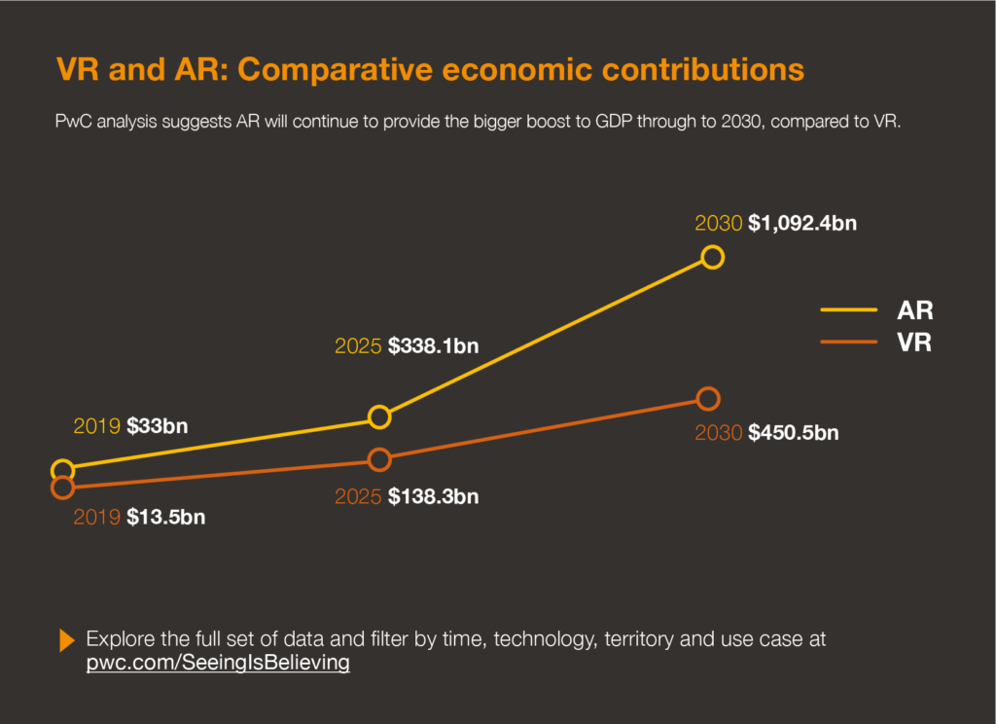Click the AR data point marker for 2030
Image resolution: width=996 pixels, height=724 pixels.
[713, 257]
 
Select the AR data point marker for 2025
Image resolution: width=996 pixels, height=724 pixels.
[380, 416]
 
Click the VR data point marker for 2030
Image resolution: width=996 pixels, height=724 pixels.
[708, 399]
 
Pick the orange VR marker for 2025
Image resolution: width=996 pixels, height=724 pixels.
[380, 459]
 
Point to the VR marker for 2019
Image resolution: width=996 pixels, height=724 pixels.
[62, 488]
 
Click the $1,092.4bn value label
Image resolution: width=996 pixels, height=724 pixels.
[802, 223]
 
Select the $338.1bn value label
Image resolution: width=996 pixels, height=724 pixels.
[434, 345]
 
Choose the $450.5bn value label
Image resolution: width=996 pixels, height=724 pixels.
[793, 433]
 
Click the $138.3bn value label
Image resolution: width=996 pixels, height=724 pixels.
[434, 496]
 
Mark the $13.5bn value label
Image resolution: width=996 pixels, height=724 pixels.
[165, 517]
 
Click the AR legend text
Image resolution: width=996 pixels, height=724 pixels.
[915, 311]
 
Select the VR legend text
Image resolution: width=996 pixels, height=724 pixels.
[915, 343]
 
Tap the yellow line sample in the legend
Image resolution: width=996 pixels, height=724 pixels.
[849, 311]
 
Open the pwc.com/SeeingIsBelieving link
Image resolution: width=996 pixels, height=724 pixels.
[218, 664]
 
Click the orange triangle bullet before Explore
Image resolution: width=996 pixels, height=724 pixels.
[67, 640]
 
